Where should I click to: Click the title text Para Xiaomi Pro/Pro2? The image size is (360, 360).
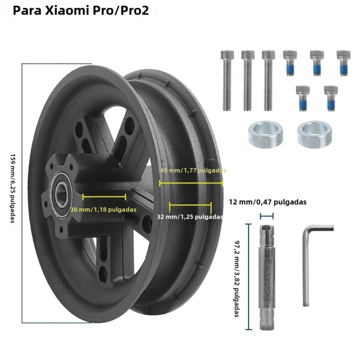81,10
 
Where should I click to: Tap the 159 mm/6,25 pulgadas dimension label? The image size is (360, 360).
13,188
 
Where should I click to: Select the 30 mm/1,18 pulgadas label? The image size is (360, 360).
103,209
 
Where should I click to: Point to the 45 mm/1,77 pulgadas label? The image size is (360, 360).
193,170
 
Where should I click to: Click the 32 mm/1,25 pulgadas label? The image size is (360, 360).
190,216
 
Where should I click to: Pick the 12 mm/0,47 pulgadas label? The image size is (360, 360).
267,202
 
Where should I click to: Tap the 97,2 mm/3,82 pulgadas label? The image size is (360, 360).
237,278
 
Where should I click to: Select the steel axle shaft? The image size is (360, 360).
266,277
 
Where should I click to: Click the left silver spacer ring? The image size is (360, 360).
265,134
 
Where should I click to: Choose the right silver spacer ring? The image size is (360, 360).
314,134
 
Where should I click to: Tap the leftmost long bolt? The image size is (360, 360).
227,80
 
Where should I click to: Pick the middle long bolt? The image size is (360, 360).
247,80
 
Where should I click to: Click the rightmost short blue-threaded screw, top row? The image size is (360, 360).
343,63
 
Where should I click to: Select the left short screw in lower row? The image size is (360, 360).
303,98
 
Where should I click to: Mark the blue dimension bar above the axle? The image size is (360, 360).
267,216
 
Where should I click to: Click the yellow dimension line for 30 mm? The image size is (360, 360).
104,197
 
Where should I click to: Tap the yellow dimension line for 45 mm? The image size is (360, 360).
191,183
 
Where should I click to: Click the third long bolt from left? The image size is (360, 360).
268,80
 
